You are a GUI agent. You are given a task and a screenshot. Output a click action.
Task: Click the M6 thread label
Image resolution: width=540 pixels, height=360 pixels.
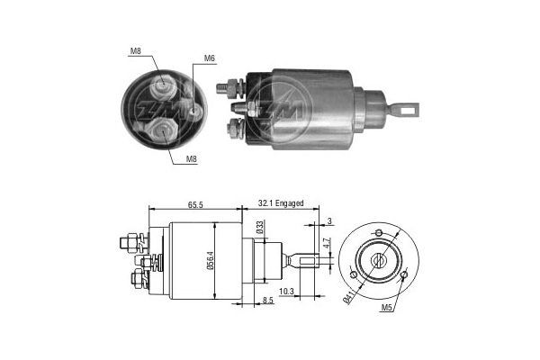(x=209, y=58)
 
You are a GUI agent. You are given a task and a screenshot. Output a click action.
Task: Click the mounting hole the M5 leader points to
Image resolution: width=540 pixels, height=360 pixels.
(x=405, y=274)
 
